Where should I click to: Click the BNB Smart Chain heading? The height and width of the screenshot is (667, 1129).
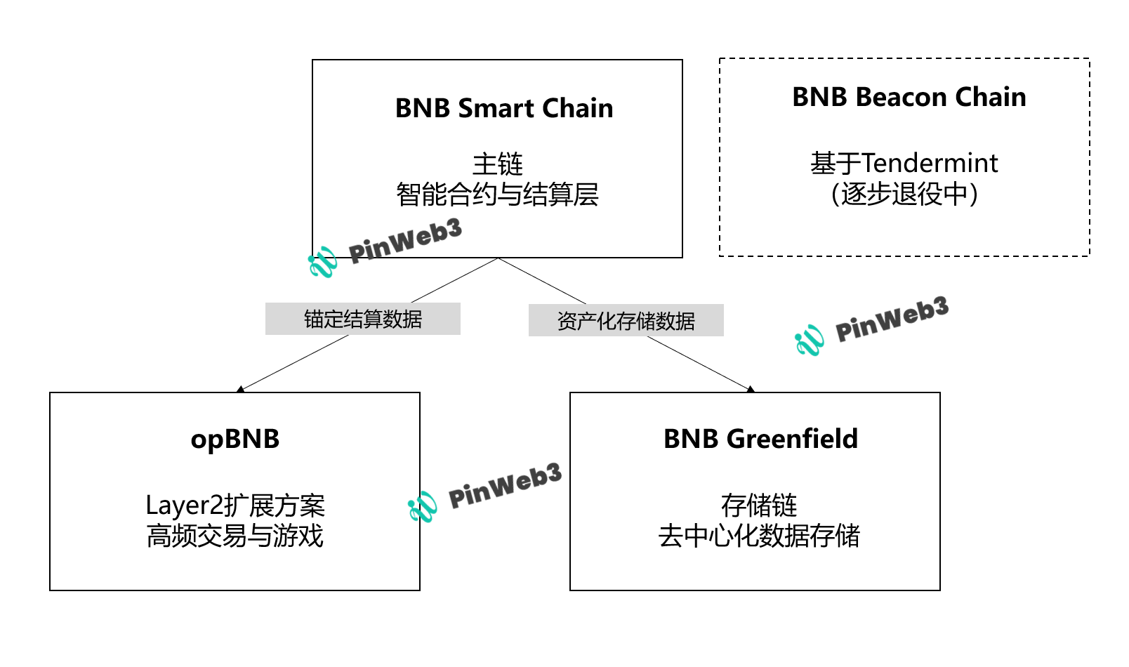tap(503, 108)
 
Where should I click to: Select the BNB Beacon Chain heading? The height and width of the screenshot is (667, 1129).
tap(909, 97)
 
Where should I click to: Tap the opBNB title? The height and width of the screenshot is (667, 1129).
tap(235, 439)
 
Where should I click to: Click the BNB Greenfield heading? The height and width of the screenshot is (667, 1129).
tap(760, 439)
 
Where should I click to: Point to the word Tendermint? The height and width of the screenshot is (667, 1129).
tap(929, 164)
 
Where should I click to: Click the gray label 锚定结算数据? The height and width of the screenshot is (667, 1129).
tap(362, 319)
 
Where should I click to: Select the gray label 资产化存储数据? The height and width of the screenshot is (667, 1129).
tap(626, 320)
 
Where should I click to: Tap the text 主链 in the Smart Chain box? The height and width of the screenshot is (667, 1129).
tap(497, 164)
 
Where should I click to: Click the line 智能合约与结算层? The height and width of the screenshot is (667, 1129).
tap(497, 194)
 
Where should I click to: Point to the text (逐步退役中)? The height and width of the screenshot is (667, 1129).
tap(904, 194)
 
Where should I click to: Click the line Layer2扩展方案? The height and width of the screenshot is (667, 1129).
tap(235, 506)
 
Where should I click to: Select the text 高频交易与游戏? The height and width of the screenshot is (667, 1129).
tap(235, 536)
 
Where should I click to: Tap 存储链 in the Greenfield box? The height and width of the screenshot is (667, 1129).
tap(759, 506)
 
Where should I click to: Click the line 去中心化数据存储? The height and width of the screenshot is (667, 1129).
tap(759, 536)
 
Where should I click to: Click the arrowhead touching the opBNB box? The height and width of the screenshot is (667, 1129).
tap(241, 389)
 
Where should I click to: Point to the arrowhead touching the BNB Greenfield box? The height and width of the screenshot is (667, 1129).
tap(751, 389)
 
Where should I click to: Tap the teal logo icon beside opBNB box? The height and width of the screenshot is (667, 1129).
tap(422, 506)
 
